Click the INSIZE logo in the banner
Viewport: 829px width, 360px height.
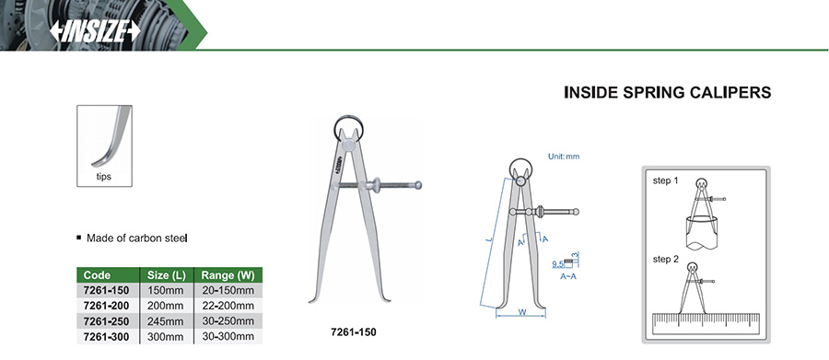[95, 31]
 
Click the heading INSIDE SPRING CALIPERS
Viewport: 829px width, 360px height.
[667, 92]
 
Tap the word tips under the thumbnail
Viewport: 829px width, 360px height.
[103, 177]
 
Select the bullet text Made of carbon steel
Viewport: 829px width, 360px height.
[136, 238]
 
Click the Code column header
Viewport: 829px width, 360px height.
[98, 275]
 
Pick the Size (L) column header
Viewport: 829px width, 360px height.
[166, 275]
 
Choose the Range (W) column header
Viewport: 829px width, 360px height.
[228, 275]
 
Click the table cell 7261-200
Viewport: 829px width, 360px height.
[106, 306]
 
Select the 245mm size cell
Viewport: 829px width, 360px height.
[166, 321]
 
